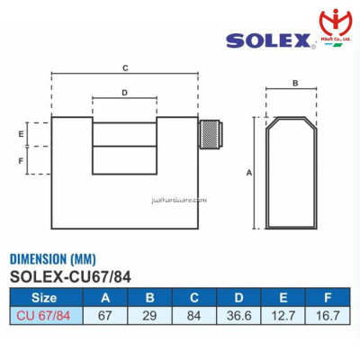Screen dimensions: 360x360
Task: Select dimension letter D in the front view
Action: [x=124, y=93]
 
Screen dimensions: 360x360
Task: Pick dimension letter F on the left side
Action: [x=21, y=160]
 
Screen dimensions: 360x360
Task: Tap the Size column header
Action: [x=44, y=297]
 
